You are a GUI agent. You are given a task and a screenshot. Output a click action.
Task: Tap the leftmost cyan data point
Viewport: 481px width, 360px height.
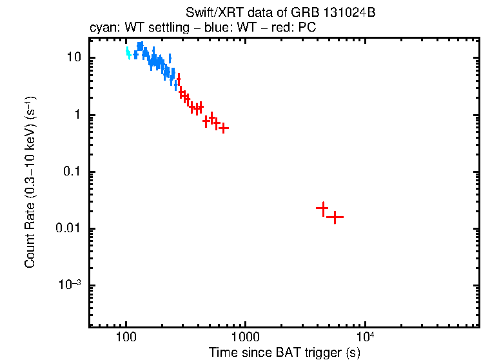pyautogui.click(x=128, y=51)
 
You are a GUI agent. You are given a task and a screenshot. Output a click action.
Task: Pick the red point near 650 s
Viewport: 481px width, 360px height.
pyautogui.click(x=223, y=128)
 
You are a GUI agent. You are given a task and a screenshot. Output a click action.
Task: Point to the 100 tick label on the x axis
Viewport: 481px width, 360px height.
pyautogui.click(x=126, y=337)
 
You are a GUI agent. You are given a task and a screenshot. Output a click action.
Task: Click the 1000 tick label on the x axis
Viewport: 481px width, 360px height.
pyautogui.click(x=245, y=337)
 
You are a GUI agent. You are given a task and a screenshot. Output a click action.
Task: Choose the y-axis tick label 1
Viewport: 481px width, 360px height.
pyautogui.click(x=79, y=115)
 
